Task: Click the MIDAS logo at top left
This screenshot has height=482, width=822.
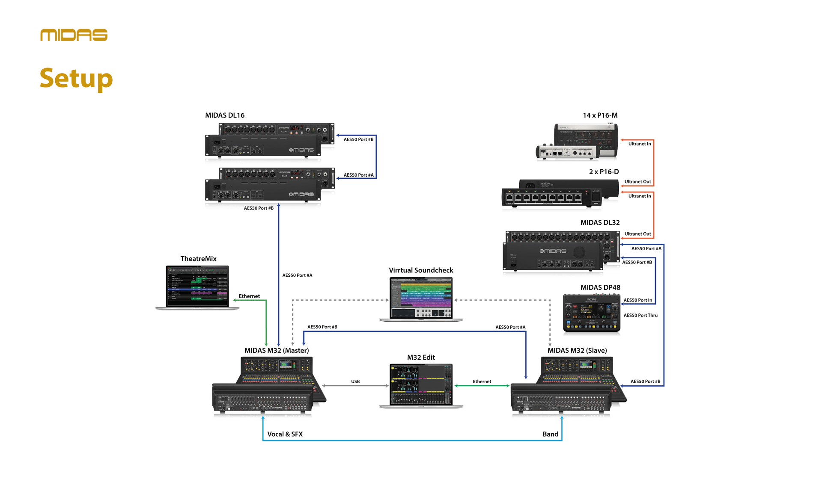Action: click(74, 35)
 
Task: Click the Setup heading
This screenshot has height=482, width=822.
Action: click(76, 78)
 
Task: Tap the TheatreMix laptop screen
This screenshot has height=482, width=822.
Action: click(197, 286)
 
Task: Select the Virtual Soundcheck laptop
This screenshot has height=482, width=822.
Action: click(421, 298)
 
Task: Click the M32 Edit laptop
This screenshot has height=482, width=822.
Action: click(421, 384)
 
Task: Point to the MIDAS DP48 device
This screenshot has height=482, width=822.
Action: click(591, 313)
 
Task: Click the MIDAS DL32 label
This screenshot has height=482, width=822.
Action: click(600, 222)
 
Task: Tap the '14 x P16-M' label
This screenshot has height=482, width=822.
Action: click(600, 115)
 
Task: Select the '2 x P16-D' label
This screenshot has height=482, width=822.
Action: click(604, 172)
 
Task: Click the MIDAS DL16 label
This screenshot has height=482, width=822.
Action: click(225, 115)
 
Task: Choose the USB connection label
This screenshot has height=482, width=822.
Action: click(355, 381)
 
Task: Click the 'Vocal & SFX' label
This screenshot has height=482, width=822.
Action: click(285, 434)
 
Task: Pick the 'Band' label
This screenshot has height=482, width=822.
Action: click(550, 434)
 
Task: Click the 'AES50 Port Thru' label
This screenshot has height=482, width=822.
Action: click(640, 315)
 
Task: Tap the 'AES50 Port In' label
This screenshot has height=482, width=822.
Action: click(637, 300)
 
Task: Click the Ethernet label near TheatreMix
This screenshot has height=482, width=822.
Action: click(249, 296)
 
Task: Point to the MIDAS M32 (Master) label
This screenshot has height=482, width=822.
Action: click(277, 350)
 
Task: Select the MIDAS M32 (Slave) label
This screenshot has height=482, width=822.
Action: click(577, 350)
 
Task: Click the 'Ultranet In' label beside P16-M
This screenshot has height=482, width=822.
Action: click(639, 144)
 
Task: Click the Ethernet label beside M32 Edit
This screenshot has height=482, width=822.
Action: click(482, 381)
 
